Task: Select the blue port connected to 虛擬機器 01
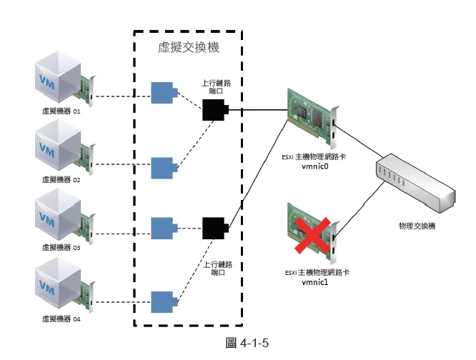point(164,93)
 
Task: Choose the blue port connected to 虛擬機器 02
point(164,167)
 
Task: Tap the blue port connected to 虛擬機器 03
point(164,227)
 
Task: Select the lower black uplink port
point(214,229)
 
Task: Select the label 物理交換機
point(416,226)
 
